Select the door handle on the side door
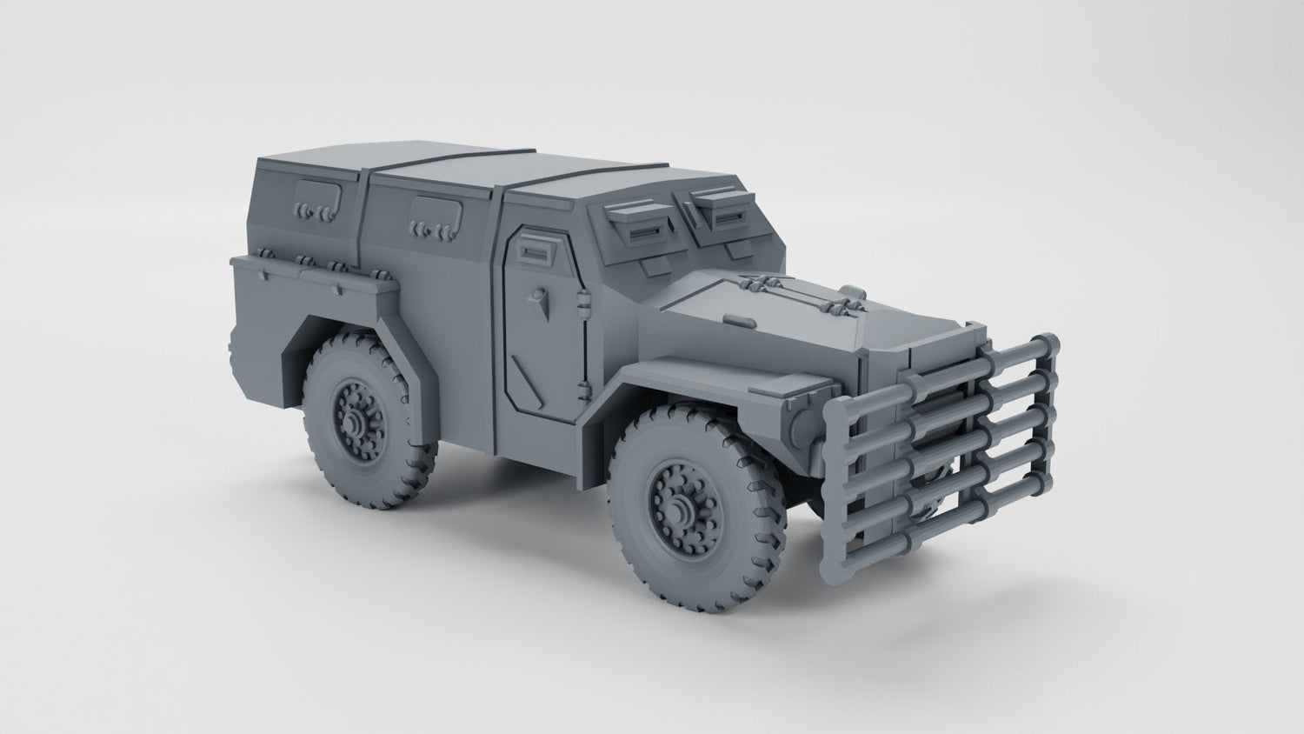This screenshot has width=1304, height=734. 540,301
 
